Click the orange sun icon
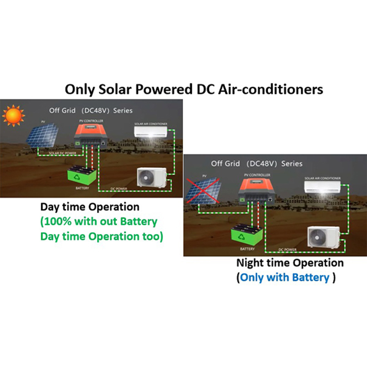(13, 116)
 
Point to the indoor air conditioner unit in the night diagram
(321, 187)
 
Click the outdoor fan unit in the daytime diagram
(151, 177)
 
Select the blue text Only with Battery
(285, 278)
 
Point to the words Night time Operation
(290, 263)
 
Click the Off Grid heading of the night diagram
(225, 163)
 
